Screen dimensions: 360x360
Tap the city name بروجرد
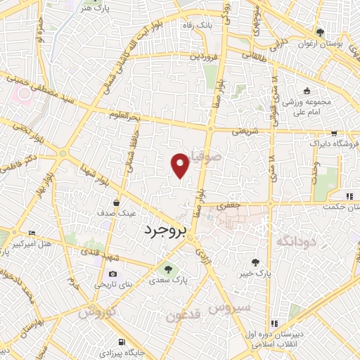coord(168,231)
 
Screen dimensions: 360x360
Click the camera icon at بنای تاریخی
coord(113,274)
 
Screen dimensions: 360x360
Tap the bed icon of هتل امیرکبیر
coord(30,233)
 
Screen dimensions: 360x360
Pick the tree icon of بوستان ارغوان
coord(321,32)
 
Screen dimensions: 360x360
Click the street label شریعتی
coord(246,131)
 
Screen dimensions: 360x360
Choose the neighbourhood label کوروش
coord(97,311)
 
